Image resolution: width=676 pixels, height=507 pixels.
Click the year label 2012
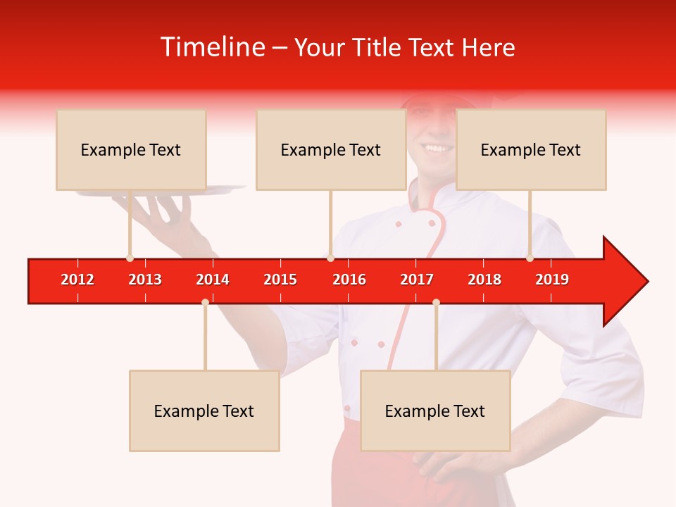coord(77,280)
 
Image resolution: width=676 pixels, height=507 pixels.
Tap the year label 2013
coord(145,280)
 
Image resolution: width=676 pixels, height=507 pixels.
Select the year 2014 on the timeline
coord(213,280)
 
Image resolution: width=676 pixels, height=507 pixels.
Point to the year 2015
coord(280,280)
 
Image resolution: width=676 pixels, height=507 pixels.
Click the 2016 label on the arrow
coord(349,280)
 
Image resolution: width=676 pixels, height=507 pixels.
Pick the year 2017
coord(417,280)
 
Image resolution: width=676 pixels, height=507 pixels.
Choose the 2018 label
coord(484,280)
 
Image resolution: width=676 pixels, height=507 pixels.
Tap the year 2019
coord(552,280)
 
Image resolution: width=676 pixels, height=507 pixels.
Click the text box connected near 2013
coord(131,150)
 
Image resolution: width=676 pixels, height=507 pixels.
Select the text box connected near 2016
coord(330,150)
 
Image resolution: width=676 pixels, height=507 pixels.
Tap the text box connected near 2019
coord(530,150)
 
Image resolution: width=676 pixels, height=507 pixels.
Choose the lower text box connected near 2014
coord(204,411)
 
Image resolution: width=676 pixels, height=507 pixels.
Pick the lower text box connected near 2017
coord(434,411)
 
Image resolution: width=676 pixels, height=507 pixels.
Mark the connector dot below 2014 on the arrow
coord(205,302)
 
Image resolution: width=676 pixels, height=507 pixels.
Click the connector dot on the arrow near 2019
coord(530,258)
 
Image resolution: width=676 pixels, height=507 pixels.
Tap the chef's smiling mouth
coord(437,149)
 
